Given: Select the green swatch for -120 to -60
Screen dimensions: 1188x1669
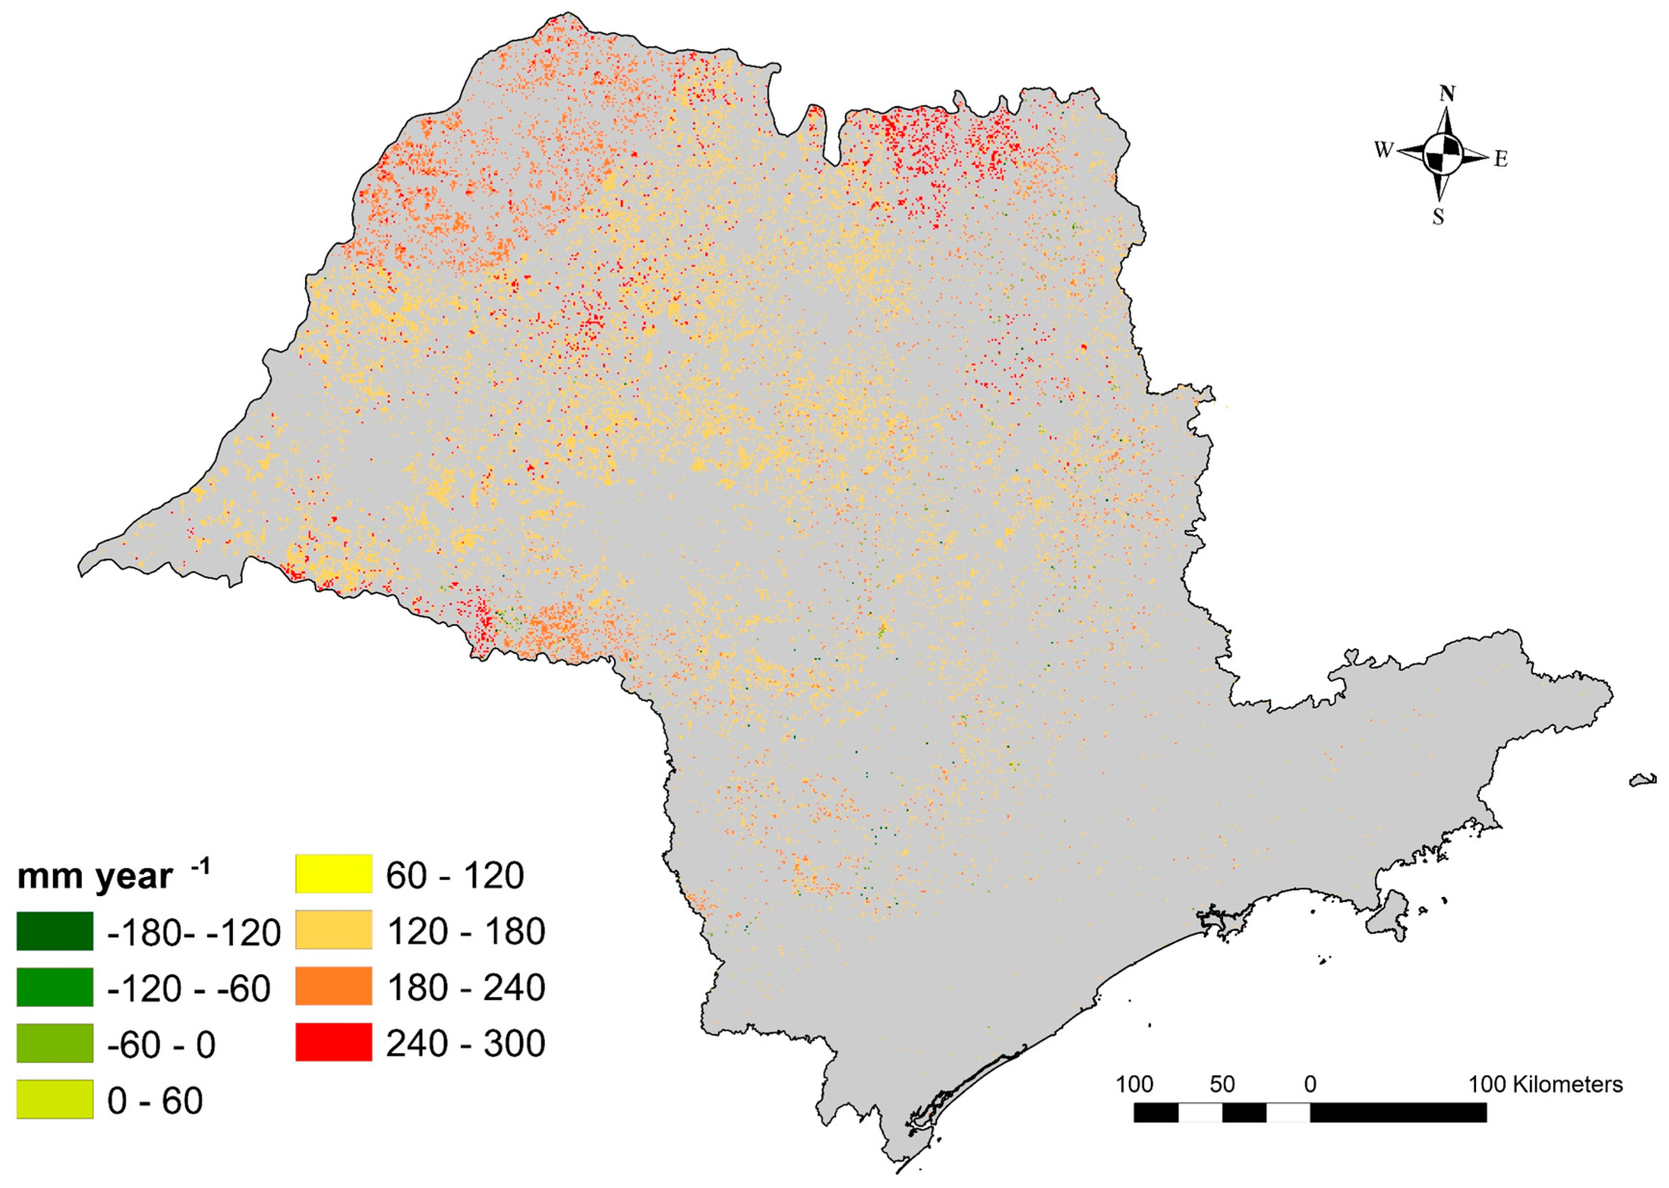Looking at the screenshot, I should tap(55, 987).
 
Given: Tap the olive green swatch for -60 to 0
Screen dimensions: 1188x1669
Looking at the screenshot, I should tap(55, 1042).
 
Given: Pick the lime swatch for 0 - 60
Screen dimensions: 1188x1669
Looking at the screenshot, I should tap(55, 1099).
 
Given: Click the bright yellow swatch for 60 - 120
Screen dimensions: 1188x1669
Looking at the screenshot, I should tap(334, 874).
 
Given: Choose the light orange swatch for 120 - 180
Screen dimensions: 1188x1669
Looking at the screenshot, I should tap(334, 930).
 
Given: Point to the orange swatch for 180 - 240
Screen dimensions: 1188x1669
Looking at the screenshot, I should tap(334, 986).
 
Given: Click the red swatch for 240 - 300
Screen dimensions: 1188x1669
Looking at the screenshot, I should tap(334, 1042).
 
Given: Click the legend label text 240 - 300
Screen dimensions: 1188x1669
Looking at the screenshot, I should tap(466, 1043).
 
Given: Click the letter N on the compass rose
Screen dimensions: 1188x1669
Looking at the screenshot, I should tap(1447, 94).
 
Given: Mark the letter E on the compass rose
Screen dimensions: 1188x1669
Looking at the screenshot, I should tap(1501, 159).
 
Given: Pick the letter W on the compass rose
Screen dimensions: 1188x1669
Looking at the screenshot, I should tap(1383, 150).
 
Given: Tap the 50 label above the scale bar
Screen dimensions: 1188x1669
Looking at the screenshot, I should tap(1222, 1084).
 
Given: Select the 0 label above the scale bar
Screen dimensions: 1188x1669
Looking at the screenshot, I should tap(1310, 1084).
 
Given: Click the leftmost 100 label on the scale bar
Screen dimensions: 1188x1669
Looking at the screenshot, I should tap(1134, 1084).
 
